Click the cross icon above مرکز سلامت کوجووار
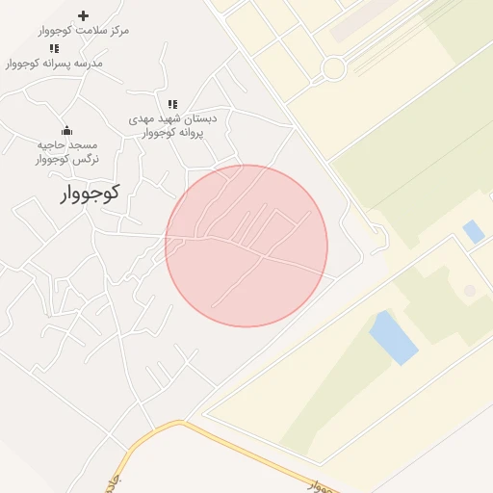click(x=83, y=15)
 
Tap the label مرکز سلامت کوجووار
click(x=84, y=31)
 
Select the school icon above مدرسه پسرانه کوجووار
click(x=55, y=48)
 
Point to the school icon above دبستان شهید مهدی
click(x=172, y=104)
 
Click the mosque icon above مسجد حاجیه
click(x=66, y=130)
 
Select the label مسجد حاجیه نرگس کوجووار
click(x=66, y=152)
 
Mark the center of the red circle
click(x=246, y=246)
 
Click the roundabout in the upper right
click(x=334, y=68)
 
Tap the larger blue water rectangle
click(x=394, y=337)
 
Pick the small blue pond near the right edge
click(x=473, y=231)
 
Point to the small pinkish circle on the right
click(x=469, y=290)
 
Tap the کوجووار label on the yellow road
click(x=325, y=484)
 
